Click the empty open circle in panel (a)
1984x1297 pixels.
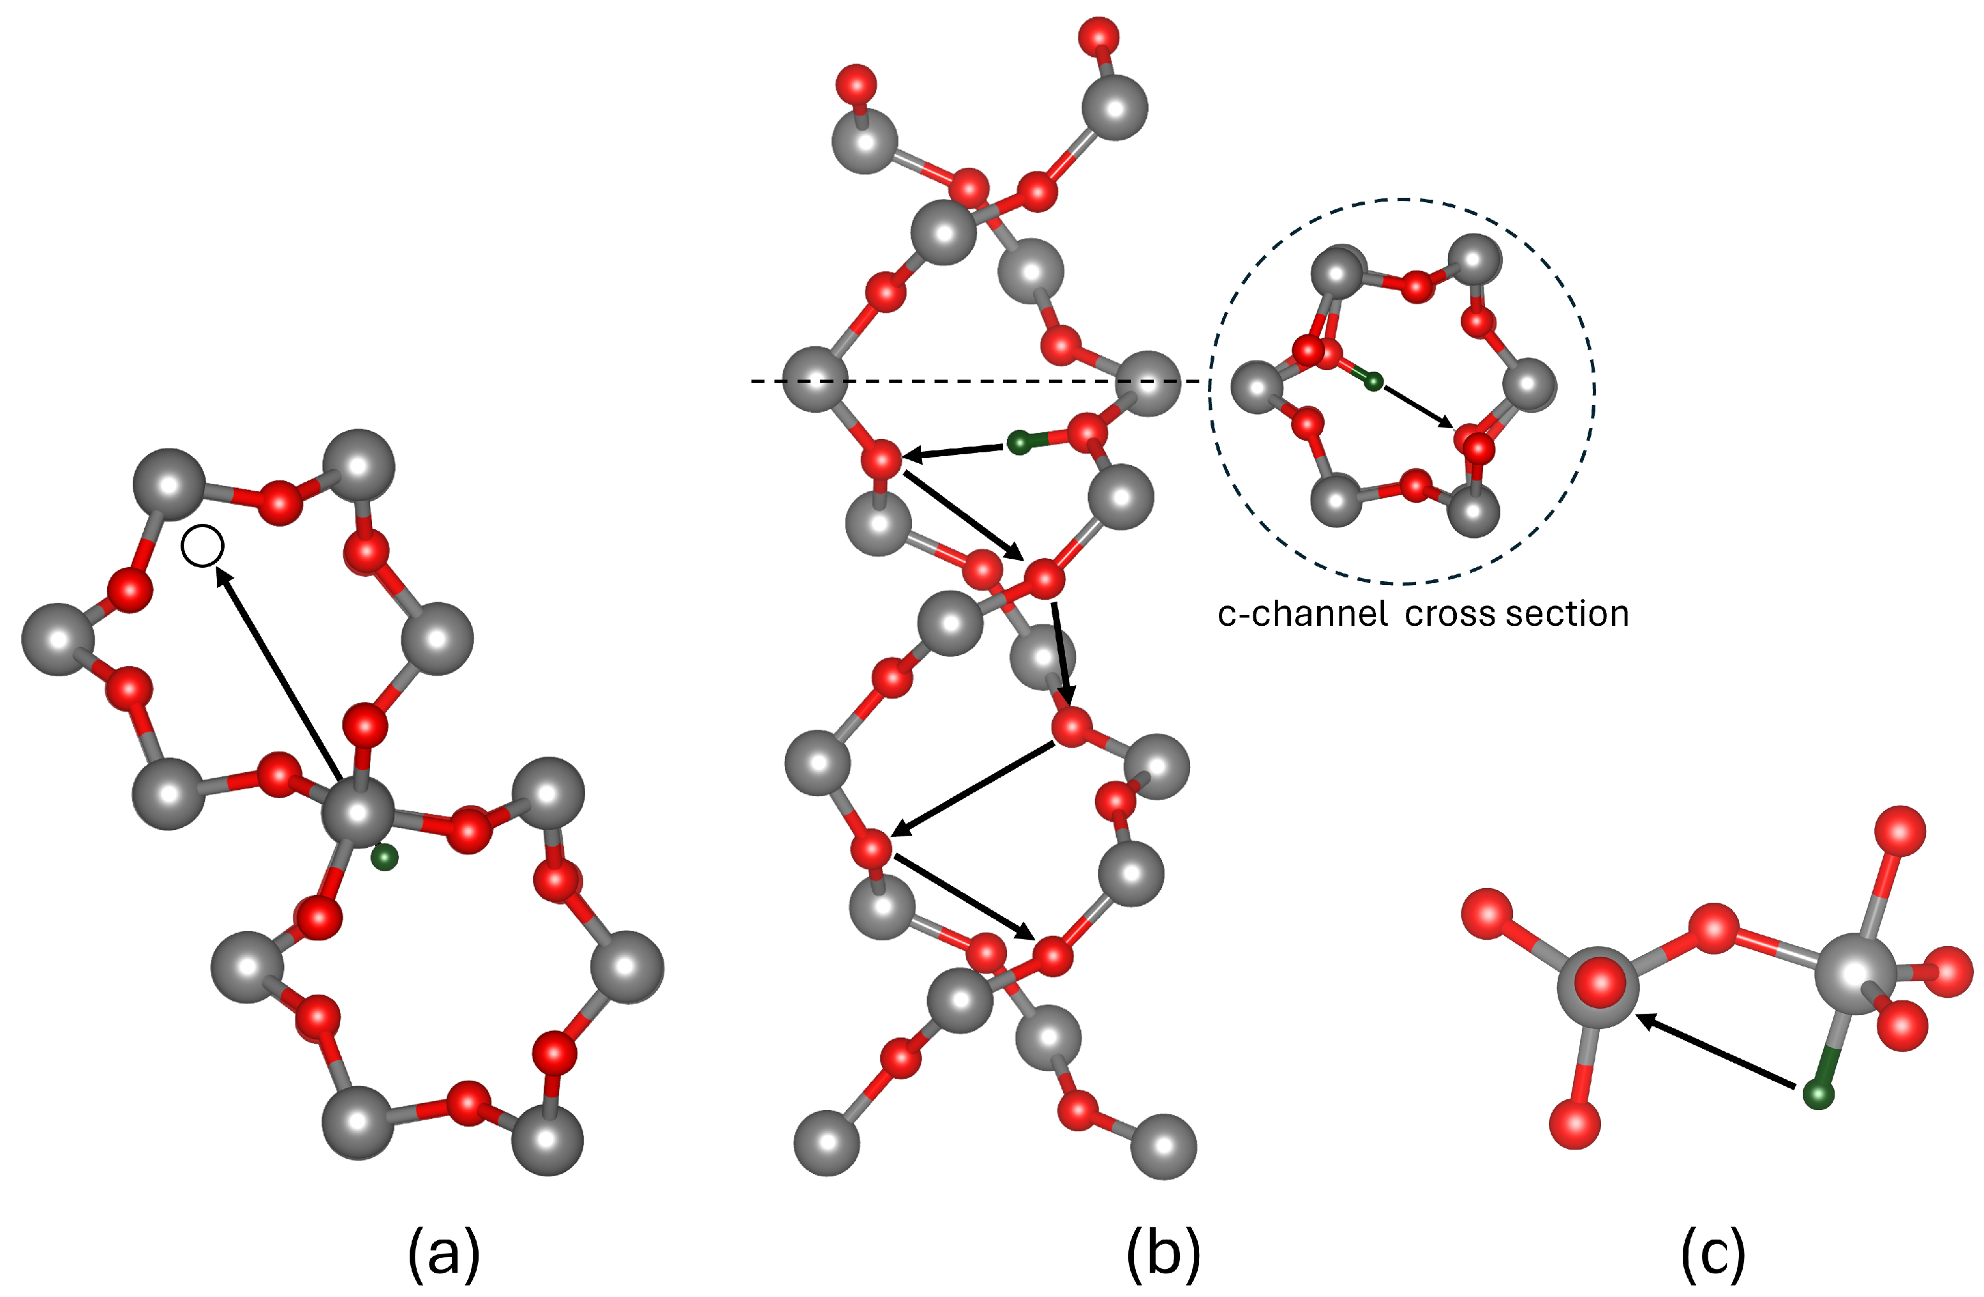coord(202,547)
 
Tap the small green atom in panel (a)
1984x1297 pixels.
coord(384,857)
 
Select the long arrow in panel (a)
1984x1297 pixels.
coord(277,672)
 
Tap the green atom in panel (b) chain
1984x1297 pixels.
coord(1018,443)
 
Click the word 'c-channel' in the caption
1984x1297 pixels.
coord(1302,614)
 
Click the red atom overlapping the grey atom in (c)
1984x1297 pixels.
coord(1600,982)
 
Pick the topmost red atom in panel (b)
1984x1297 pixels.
coord(1098,36)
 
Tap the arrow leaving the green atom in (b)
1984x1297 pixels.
coord(955,451)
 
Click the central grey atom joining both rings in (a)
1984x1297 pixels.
coord(359,813)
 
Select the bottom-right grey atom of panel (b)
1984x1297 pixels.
coord(1163,1146)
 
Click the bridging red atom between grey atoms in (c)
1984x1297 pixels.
coord(1713,928)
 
